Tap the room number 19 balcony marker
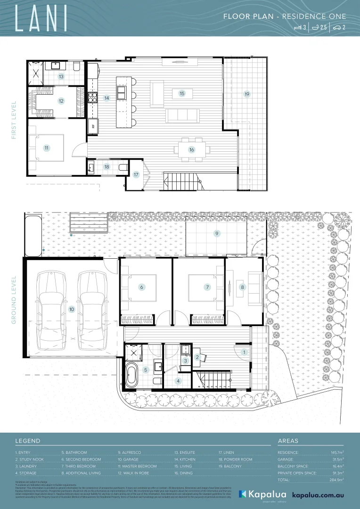pos(246,94)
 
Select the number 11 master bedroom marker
pos(46,148)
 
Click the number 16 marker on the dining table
pos(191,149)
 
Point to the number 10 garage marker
pos(72,309)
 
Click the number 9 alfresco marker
pos(217,233)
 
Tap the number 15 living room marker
pos(182,94)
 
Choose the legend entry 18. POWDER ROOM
pos(235,459)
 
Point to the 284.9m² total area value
pos(335,480)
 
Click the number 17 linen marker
pos(136,175)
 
